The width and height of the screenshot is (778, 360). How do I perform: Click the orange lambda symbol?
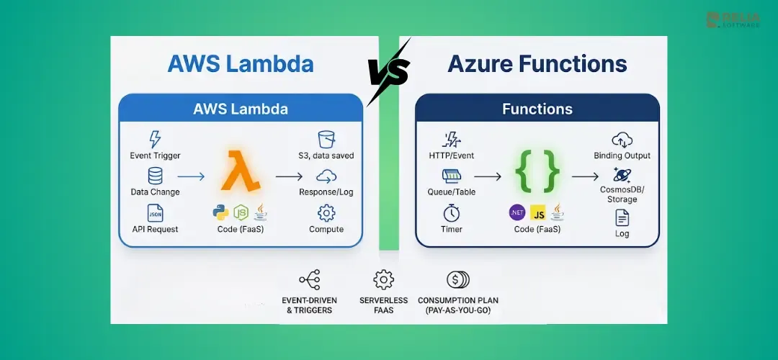(241, 171)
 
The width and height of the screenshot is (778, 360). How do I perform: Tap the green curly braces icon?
(537, 171)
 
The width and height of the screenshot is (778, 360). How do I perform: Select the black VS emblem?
(389, 73)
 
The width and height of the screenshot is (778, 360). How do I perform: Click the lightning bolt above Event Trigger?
(155, 140)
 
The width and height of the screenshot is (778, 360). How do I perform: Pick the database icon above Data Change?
(155, 176)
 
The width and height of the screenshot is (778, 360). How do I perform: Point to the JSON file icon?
(155, 212)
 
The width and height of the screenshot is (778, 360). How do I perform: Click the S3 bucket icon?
(326, 140)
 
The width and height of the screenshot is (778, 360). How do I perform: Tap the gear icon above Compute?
(326, 212)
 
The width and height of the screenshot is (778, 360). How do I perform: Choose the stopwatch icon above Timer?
(452, 212)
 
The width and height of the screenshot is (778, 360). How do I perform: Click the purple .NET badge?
(517, 212)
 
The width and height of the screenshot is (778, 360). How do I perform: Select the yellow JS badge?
(538, 212)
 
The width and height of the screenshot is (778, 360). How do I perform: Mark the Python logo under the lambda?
(221, 212)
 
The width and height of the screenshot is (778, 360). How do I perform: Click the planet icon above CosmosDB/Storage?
(622, 175)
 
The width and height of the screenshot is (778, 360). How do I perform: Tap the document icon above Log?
(622, 217)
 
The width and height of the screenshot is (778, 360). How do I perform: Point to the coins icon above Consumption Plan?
(457, 279)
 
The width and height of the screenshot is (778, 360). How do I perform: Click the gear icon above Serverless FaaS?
(383, 279)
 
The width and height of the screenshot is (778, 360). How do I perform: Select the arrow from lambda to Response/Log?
(289, 176)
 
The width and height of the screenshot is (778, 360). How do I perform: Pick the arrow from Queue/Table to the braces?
(488, 176)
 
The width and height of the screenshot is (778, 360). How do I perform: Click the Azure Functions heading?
(537, 65)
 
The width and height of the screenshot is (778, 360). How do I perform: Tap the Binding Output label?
(622, 156)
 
